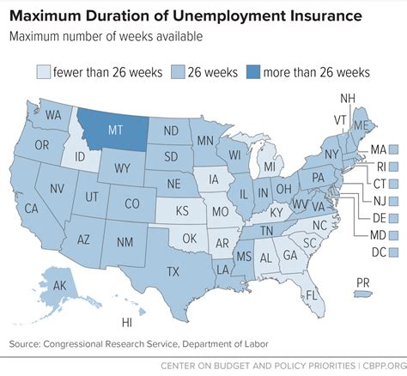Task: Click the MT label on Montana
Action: point(114,132)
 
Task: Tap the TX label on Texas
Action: point(172,271)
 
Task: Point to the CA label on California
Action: point(32,209)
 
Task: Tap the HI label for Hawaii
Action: point(127,323)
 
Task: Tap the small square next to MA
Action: point(393,150)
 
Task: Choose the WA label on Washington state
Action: point(53,115)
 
